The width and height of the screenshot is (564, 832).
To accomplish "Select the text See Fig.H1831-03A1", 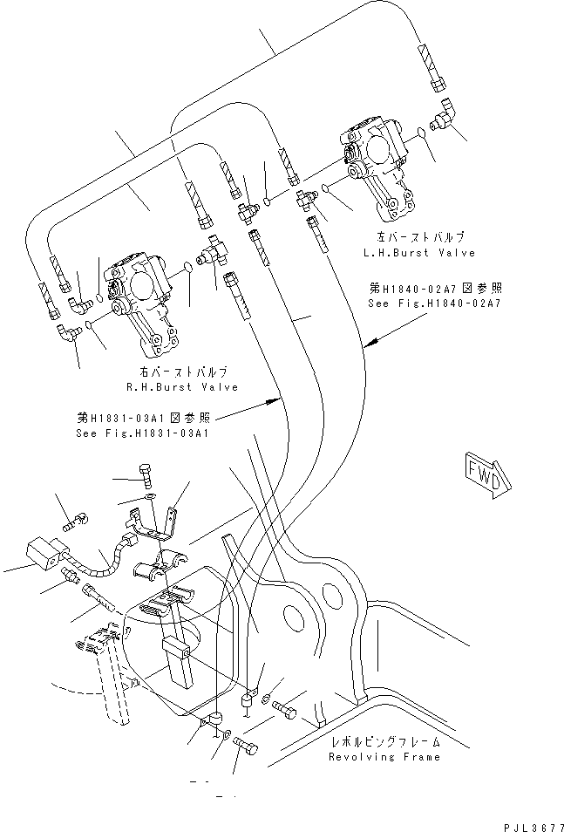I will click(140, 433).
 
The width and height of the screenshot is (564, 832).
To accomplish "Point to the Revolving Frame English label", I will click(384, 757).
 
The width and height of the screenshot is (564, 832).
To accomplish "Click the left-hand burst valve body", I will click(375, 166).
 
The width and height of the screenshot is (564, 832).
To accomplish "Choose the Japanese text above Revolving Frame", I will click(385, 742).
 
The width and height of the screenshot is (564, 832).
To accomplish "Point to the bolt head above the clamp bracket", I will click(146, 476).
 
